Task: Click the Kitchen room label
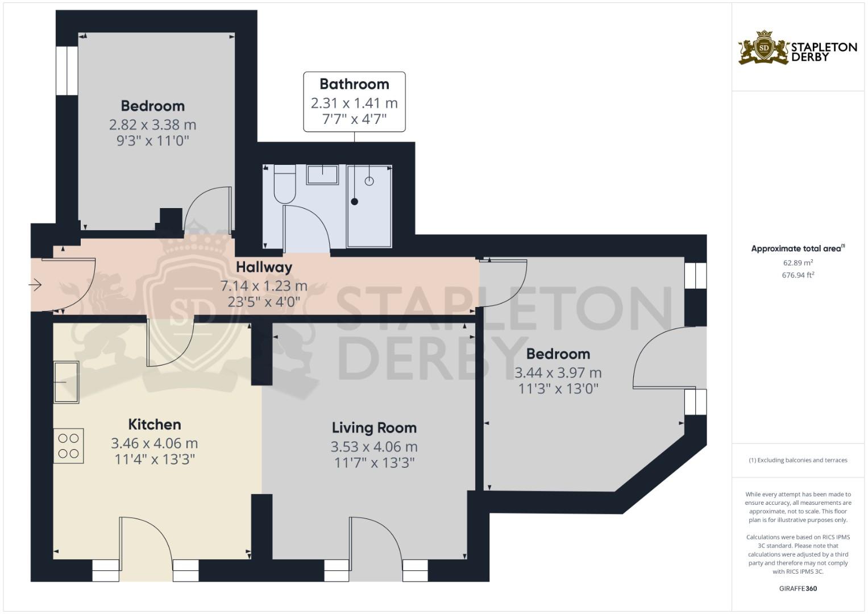click(155, 425)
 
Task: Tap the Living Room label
click(374, 428)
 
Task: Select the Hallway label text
click(264, 267)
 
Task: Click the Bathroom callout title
click(354, 84)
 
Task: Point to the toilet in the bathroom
click(284, 185)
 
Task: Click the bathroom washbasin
click(322, 175)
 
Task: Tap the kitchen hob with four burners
click(69, 446)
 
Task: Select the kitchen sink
click(67, 381)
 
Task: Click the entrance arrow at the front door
click(36, 285)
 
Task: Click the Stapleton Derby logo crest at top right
click(764, 48)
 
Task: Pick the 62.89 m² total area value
click(798, 263)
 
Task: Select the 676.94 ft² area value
click(798, 275)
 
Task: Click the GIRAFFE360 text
click(798, 588)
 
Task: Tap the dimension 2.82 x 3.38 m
click(152, 125)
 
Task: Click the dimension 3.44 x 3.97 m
click(558, 373)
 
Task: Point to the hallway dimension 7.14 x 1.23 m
click(264, 286)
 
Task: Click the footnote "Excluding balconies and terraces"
click(798, 460)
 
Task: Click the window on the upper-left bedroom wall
click(67, 70)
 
